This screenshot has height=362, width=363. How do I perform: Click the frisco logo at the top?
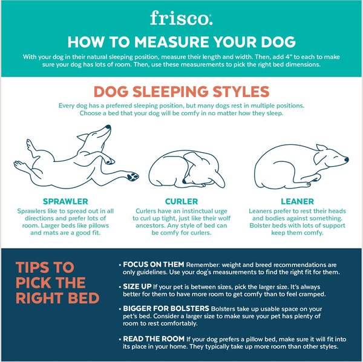(181, 18)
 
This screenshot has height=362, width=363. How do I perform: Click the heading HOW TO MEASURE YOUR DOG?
(181, 42)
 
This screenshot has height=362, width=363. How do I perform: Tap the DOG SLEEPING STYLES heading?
(181, 92)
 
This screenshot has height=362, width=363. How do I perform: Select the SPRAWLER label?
(66, 201)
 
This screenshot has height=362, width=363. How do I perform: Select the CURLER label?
(181, 201)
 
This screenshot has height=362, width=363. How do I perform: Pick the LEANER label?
(296, 201)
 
